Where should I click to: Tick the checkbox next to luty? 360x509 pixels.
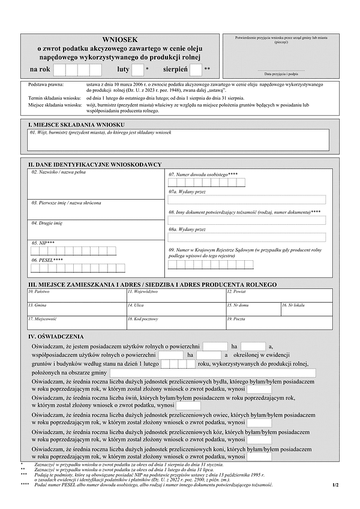[137, 70]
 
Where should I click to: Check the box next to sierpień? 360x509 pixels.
[196, 70]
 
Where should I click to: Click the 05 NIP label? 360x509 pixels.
[43, 243]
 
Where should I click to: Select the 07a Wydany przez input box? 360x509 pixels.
[247, 200]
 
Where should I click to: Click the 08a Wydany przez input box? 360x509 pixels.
[247, 237]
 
